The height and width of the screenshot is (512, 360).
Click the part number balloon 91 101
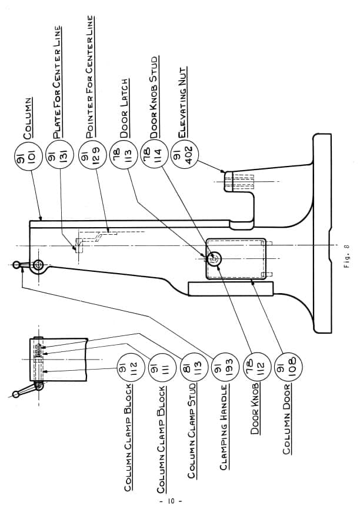tap(29, 155)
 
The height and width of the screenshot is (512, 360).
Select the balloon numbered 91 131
tap(60, 155)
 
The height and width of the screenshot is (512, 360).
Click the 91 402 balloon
tap(185, 155)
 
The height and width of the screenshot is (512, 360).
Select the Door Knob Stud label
tap(154, 97)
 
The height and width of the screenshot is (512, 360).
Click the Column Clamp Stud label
tap(192, 431)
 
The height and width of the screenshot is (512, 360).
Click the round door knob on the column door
tap(214, 258)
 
